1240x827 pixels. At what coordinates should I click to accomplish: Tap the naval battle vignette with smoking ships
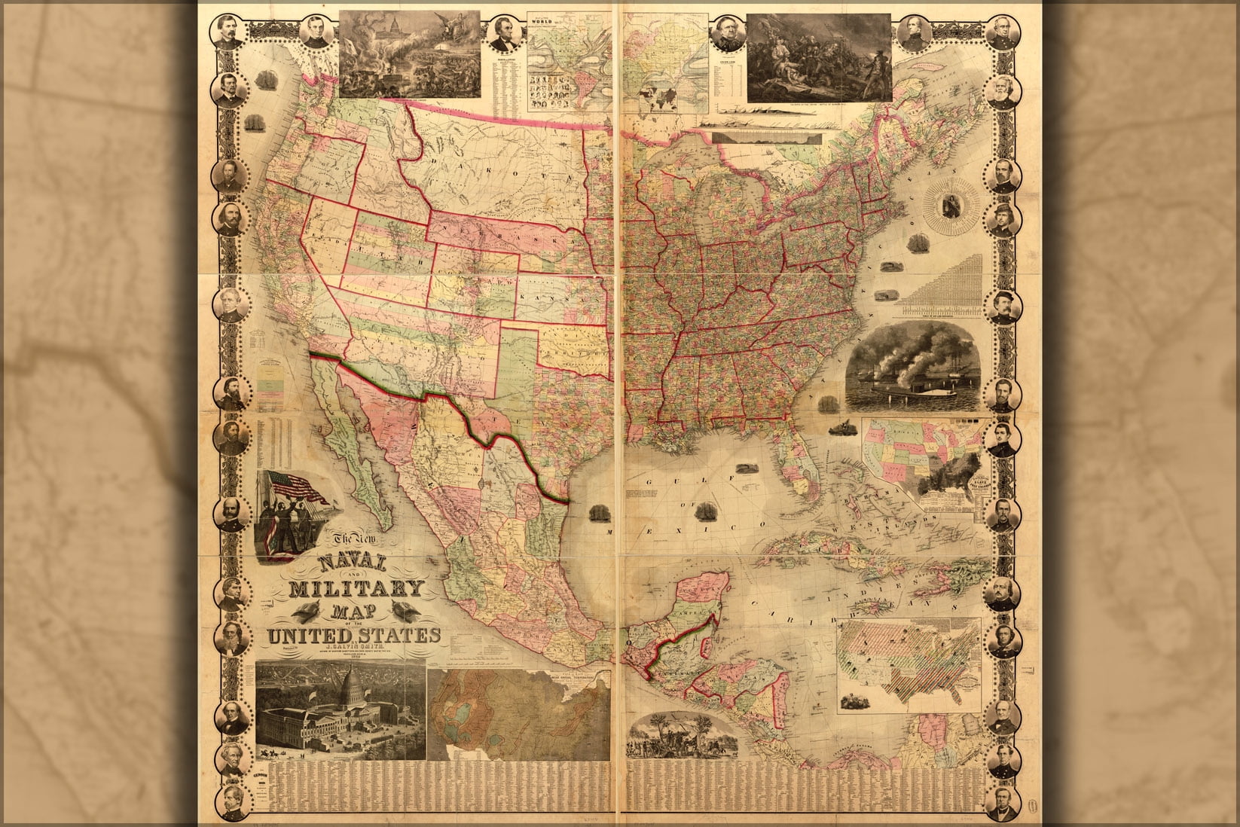[x=913, y=369]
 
